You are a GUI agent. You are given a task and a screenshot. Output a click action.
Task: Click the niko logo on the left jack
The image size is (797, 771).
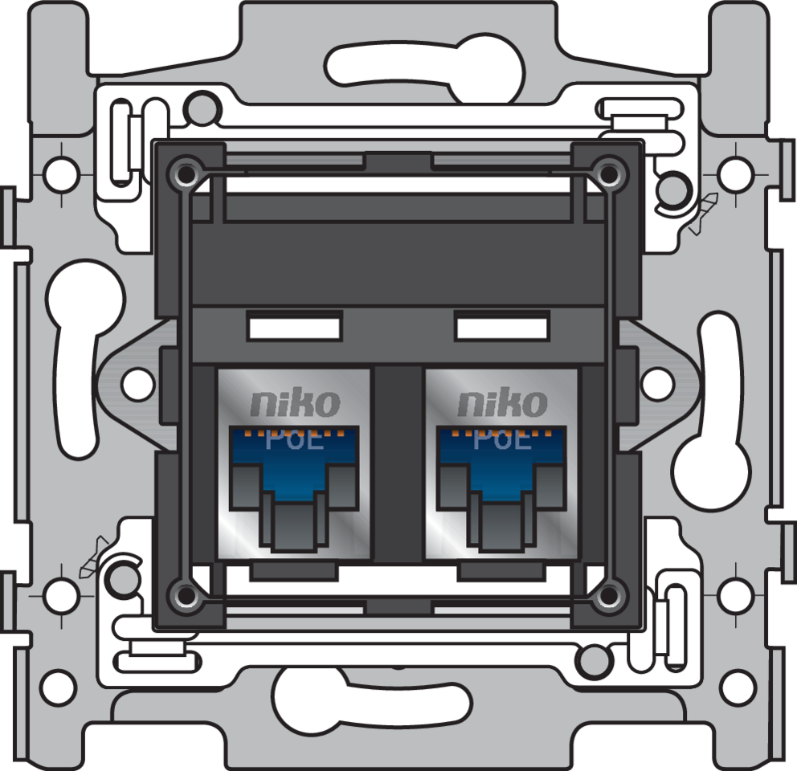[x=295, y=404]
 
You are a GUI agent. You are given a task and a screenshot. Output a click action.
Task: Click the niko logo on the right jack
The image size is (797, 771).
[x=502, y=404]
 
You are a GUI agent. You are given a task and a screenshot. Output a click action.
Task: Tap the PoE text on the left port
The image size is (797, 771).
[x=295, y=440]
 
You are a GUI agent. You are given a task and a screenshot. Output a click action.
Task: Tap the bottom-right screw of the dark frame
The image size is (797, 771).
[x=610, y=595]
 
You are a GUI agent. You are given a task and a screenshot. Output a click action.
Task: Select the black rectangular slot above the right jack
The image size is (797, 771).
[x=501, y=328]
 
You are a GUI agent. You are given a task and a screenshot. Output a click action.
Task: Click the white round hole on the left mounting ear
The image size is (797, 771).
[x=137, y=384]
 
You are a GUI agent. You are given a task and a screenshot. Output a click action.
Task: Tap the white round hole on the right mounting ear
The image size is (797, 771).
[x=658, y=384]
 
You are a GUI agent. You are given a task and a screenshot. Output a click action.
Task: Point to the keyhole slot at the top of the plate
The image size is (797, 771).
[x=426, y=68]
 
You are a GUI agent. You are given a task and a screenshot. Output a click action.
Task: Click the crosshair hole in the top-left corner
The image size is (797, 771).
[x=61, y=172]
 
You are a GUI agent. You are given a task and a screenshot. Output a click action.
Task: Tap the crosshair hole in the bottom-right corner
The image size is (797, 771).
[x=736, y=595]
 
